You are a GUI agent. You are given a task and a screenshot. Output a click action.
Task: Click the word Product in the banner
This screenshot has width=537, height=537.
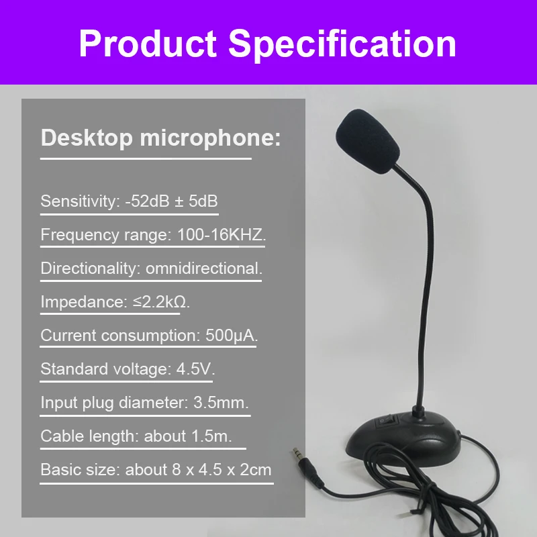point(148,44)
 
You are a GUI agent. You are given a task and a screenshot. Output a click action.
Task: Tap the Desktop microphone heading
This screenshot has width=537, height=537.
point(160,138)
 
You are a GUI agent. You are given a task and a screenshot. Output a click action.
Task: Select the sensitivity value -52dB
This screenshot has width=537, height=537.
point(147,201)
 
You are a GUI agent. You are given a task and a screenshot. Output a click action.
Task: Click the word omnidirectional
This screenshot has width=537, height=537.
point(204,268)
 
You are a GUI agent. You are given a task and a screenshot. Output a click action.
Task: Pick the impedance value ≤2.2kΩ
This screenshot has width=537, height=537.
point(161,302)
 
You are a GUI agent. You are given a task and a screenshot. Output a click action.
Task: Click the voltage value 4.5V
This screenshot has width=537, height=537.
point(195,369)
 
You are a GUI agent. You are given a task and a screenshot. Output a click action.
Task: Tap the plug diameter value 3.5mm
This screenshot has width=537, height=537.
point(221,403)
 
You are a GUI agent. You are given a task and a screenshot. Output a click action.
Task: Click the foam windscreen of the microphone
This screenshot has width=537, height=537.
point(368,141)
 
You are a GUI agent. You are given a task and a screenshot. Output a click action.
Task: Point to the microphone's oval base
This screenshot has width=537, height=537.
point(403,439)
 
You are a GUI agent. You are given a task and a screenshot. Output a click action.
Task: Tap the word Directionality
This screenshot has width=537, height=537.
point(91,269)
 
